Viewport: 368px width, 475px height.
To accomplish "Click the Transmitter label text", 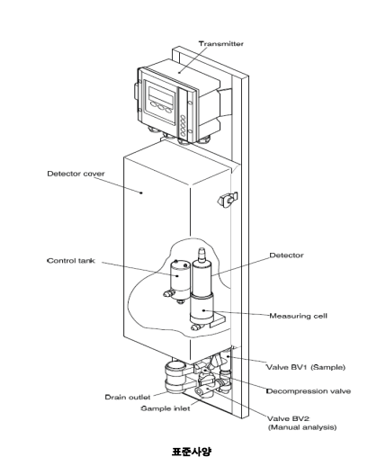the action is point(221,43).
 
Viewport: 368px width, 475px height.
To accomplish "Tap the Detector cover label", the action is point(76,174).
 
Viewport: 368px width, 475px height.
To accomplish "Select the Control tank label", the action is point(71,261).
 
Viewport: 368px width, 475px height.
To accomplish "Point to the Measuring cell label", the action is point(299,316).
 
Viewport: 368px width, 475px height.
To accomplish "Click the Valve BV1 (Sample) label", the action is point(306,367).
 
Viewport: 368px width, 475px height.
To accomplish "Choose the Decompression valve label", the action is point(309,391).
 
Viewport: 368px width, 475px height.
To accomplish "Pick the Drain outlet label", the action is point(128,397).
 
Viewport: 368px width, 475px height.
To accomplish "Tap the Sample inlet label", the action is point(166,408).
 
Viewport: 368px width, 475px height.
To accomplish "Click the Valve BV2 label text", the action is point(288,418).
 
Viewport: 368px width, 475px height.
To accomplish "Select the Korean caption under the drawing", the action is point(192,452).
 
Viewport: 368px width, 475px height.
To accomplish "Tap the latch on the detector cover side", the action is point(227,200).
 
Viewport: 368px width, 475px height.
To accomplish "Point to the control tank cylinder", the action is point(179,280).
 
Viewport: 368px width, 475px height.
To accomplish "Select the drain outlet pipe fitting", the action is point(175,377).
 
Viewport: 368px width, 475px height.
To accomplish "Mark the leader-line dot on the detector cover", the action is point(141,193).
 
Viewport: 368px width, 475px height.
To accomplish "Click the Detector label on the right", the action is point(286,255).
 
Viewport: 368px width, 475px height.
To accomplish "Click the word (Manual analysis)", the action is point(302,427).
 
